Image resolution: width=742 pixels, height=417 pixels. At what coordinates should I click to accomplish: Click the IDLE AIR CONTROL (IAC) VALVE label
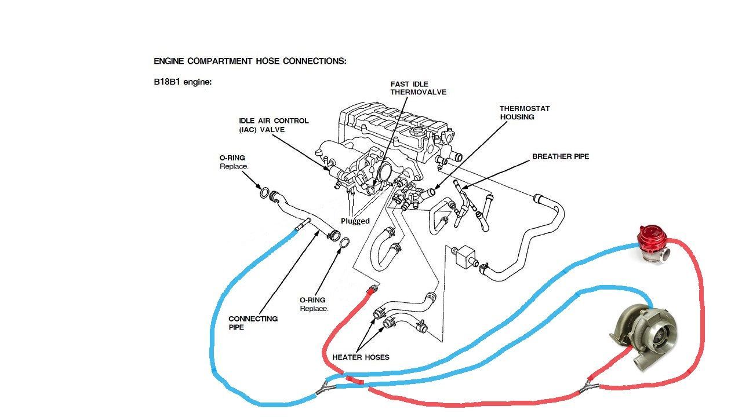click(274, 125)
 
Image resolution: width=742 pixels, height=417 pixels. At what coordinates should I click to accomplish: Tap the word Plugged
click(355, 221)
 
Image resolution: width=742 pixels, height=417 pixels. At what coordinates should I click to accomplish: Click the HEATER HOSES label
click(361, 357)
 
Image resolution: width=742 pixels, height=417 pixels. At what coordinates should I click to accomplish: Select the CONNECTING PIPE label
click(253, 323)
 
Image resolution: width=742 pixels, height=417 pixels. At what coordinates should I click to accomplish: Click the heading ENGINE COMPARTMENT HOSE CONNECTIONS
click(250, 61)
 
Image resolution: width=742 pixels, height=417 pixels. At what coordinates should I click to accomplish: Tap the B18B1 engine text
click(183, 82)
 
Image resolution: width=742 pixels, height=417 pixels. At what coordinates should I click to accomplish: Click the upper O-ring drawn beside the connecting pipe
click(264, 193)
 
